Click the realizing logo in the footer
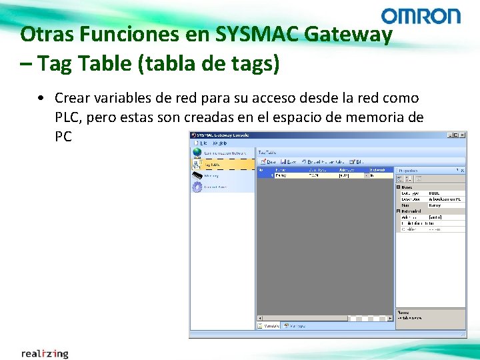tap(45, 353)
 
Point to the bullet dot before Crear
tap(41, 99)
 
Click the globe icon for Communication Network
tap(197, 152)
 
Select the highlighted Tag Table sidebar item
tap(222, 164)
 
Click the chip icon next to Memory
tap(197, 175)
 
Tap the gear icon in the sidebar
tap(197, 187)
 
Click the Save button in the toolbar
tap(289, 161)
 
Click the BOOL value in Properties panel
tap(435, 193)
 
